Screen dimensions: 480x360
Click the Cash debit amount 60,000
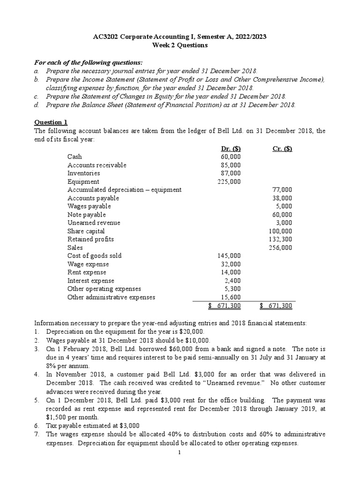click(x=231, y=157)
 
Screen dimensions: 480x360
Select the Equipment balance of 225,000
click(x=229, y=181)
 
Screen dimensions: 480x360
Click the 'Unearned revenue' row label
click(x=94, y=223)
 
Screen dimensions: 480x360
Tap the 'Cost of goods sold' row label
click(x=94, y=255)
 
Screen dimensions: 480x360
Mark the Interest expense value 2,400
click(x=232, y=280)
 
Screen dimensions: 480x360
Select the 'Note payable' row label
click(x=87, y=215)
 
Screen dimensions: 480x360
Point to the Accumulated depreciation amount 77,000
click(x=282, y=190)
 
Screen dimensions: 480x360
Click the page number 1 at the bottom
click(x=180, y=452)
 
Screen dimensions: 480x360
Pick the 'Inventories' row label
click(x=83, y=173)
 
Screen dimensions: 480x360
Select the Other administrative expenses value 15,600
click(x=231, y=297)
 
